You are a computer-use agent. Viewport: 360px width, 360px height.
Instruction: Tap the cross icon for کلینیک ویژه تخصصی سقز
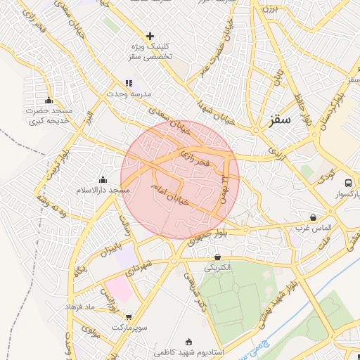point(150,36)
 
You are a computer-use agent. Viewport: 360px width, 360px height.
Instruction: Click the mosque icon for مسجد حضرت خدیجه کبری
point(49,100)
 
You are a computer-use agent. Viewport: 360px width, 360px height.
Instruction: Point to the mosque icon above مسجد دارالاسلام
point(103,179)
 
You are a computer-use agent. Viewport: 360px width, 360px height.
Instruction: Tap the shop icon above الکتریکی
point(217,257)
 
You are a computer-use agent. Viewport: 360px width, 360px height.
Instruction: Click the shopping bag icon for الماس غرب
point(313,217)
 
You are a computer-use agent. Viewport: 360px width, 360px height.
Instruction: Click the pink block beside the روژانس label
point(120,288)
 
